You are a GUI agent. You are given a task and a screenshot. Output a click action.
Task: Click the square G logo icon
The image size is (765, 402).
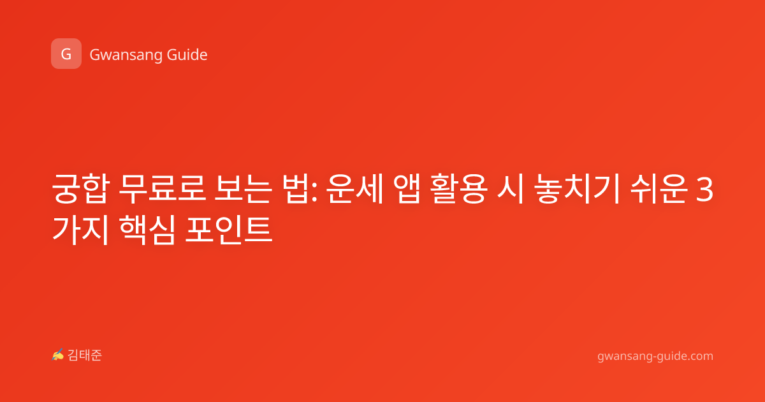tap(66, 54)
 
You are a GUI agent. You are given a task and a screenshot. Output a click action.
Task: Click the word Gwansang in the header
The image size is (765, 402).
tap(126, 56)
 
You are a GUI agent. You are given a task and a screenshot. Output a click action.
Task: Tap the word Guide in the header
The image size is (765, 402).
tap(187, 55)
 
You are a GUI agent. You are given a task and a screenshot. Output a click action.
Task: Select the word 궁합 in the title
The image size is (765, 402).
tap(81, 188)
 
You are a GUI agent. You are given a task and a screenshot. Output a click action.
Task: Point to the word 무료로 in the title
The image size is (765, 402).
tap(162, 188)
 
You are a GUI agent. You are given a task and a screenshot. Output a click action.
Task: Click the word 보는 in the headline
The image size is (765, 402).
tap(243, 188)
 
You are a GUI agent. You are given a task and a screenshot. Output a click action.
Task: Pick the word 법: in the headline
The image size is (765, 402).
tap(301, 188)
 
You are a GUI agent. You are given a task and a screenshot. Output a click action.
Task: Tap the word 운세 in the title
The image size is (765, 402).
tap(355, 188)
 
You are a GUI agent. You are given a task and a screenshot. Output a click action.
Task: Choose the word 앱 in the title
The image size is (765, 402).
tap(407, 188)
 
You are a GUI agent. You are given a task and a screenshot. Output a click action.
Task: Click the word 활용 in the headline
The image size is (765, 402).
tap(458, 188)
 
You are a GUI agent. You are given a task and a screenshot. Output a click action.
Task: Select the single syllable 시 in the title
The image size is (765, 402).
tap(510, 188)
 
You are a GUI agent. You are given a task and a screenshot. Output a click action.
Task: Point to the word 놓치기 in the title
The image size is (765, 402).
tap(576, 188)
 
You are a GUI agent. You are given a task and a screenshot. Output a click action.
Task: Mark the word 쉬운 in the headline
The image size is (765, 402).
tap(659, 188)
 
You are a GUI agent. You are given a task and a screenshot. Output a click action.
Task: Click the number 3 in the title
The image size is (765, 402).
tap(704, 190)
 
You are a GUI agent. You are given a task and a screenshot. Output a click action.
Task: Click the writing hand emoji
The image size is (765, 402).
tap(58, 355)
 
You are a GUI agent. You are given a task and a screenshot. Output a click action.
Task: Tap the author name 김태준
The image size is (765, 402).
tap(85, 355)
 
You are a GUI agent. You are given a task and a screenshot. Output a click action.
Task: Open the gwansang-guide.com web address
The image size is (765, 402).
tap(655, 356)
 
